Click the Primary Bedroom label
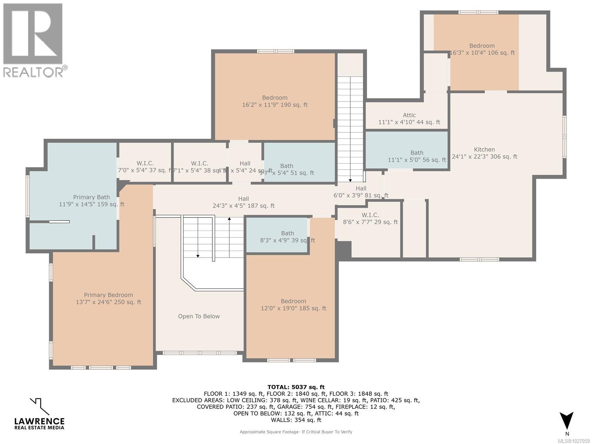point(108,295)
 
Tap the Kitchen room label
point(484,149)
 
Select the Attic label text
point(409,115)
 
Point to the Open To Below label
point(199,316)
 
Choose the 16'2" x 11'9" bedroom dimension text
point(275,105)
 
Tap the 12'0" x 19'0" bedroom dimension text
point(293,308)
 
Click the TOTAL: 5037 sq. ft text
point(296,387)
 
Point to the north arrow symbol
point(566,421)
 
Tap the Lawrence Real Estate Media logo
point(39,414)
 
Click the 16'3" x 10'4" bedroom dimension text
point(482,53)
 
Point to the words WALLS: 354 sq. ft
point(296,420)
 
